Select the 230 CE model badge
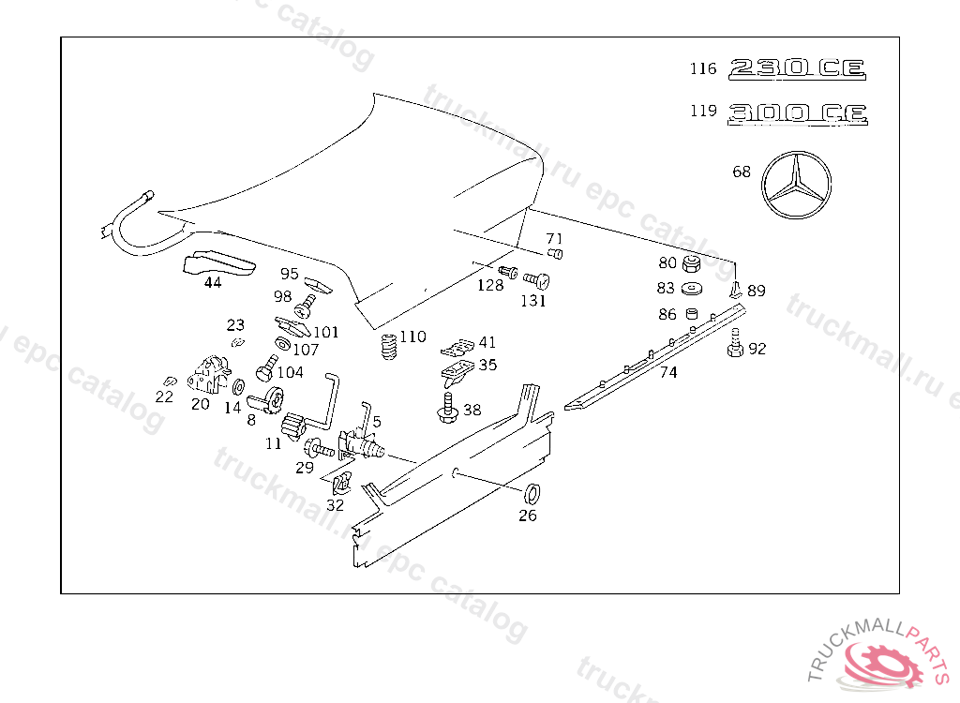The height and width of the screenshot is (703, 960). click(798, 68)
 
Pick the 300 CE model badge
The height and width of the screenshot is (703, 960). click(798, 113)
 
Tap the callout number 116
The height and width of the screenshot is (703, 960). click(703, 68)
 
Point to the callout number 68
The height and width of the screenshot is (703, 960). click(742, 172)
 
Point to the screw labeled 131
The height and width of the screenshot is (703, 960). click(536, 280)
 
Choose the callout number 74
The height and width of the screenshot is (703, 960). click(668, 372)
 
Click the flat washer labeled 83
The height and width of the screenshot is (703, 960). click(694, 288)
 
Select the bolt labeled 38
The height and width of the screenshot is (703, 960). click(448, 406)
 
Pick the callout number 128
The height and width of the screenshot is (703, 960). click(489, 286)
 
